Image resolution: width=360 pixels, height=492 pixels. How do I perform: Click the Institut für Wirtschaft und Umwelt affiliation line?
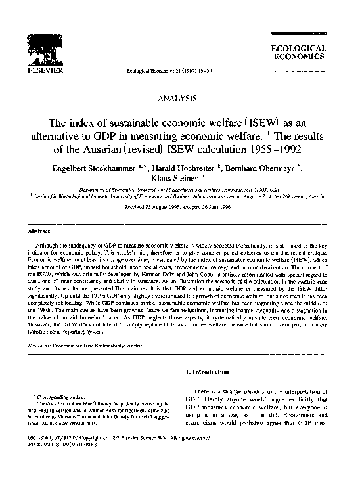point(179,195)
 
